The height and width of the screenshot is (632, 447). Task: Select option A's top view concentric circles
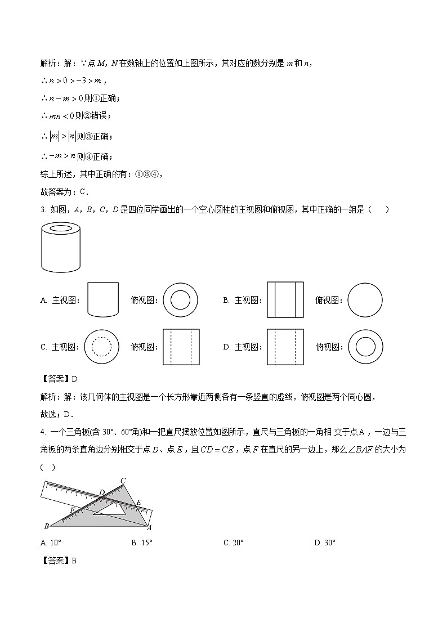click(180, 301)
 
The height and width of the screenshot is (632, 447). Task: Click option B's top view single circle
click(365, 301)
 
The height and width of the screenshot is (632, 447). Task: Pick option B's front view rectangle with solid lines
click(285, 301)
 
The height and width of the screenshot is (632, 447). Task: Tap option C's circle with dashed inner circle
click(101, 347)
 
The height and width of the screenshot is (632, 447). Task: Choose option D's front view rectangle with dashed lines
click(285, 347)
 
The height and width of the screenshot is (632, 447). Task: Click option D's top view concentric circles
click(365, 347)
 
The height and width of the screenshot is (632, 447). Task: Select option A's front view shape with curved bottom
click(103, 301)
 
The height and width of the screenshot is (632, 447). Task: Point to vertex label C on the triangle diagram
click(123, 480)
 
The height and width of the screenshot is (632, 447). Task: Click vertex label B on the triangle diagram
click(46, 526)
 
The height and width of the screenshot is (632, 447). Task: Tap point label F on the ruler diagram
click(71, 509)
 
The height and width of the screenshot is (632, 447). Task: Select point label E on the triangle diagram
click(138, 501)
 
